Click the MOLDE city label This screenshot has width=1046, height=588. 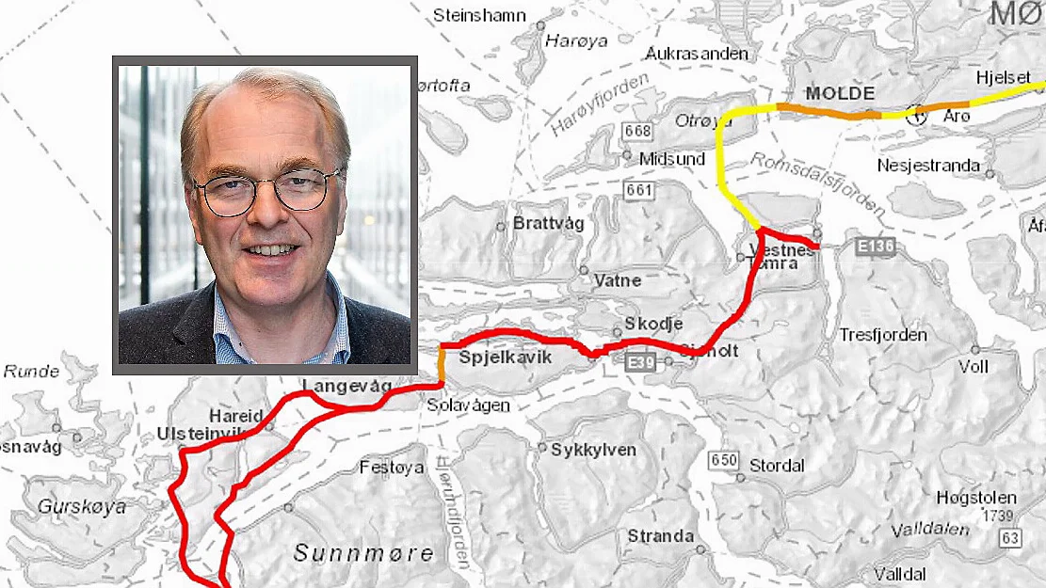[841, 94]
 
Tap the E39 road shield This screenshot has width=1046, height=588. [643, 360]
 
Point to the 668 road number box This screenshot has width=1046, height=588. [637, 131]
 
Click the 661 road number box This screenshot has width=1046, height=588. [638, 190]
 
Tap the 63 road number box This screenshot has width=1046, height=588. [1010, 537]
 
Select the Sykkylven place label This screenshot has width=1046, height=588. [593, 450]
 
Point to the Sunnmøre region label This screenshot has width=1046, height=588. [363, 553]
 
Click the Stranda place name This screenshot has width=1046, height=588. [661, 536]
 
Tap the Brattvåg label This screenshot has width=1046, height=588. [548, 224]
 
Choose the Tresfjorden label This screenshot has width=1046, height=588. [883, 335]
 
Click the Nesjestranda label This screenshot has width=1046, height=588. [928, 166]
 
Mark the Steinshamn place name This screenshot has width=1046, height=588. [478, 15]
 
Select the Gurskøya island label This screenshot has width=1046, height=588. [81, 506]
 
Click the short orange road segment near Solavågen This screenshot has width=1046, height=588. [442, 364]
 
